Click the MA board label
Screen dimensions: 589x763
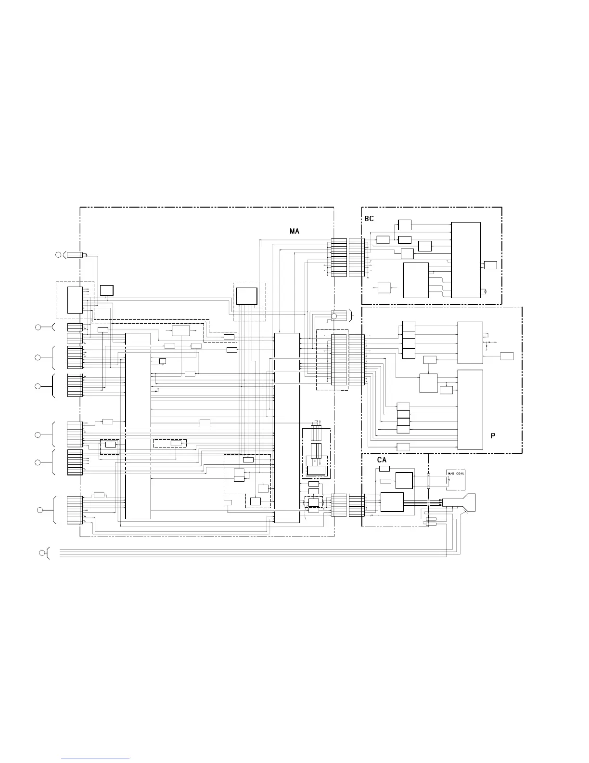294,231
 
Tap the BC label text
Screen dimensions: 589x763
369,219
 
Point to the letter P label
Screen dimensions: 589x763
493,436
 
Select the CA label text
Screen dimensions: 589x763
382,460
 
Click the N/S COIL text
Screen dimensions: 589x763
456,474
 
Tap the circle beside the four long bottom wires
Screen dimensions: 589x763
42,553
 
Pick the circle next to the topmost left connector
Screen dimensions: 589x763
58,255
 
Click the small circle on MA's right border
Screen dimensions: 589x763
334,316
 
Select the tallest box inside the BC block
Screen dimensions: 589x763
465,260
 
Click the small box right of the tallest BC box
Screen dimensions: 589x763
490,265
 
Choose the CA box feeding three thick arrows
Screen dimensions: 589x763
392,502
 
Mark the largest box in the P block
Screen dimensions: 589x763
470,410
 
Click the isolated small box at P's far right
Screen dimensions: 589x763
507,356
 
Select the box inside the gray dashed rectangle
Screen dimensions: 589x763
75,300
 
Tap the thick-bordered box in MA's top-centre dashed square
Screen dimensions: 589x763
246,296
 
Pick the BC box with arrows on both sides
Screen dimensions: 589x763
384,288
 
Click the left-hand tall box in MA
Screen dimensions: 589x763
138,426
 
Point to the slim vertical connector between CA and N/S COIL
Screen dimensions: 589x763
428,481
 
